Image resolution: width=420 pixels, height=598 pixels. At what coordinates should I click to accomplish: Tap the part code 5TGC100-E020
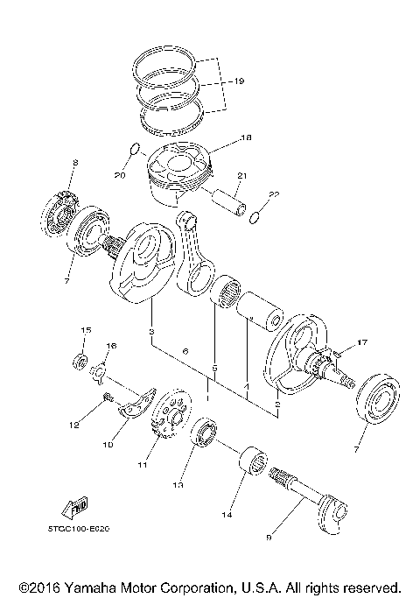86,529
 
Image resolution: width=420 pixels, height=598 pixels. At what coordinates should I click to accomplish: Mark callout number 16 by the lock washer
111,346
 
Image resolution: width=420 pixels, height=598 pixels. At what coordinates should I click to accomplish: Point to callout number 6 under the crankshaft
185,352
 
